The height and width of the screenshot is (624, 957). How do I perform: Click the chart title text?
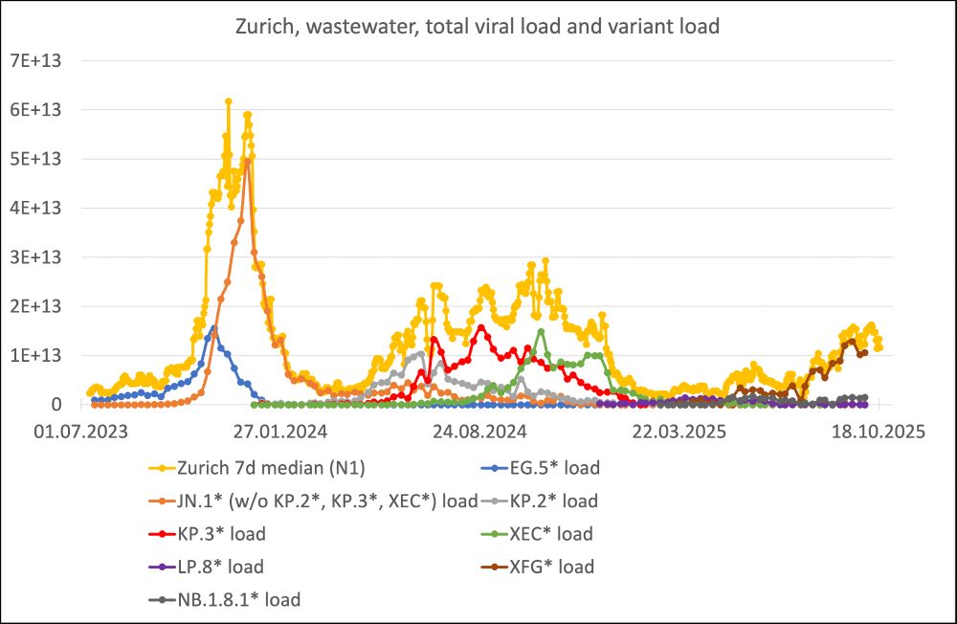[x=478, y=26]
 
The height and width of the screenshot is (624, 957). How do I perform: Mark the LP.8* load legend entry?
[x=219, y=568]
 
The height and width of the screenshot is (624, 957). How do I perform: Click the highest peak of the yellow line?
[x=228, y=100]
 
